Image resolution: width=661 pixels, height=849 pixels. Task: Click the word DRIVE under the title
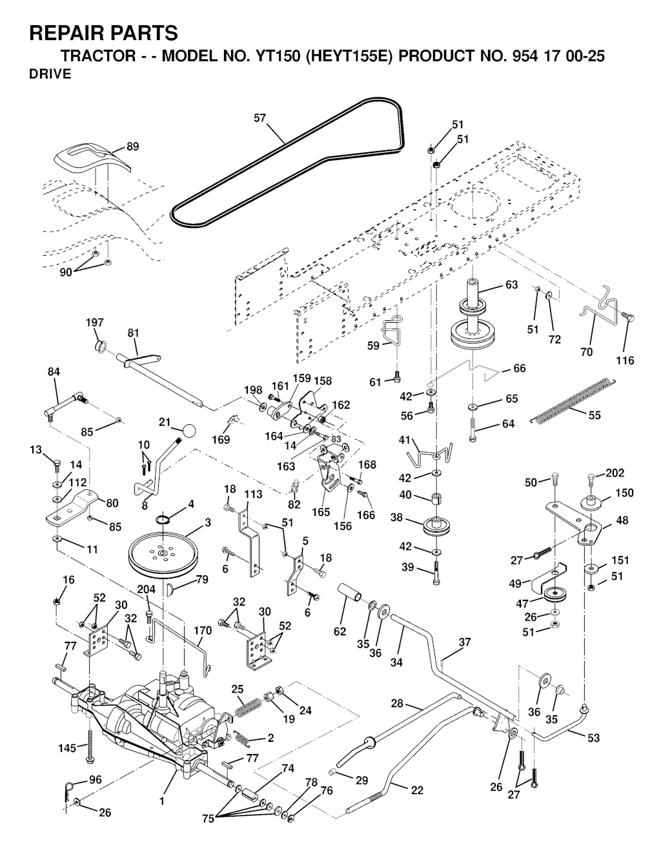coord(50,74)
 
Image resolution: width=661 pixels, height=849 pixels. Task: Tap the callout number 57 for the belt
coord(260,118)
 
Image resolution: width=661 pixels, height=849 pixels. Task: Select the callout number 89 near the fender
coord(132,147)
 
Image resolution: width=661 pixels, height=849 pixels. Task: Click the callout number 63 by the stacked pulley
coord(511,285)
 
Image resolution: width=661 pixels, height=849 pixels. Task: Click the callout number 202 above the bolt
coord(616,473)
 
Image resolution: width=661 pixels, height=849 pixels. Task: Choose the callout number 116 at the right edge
coord(625,360)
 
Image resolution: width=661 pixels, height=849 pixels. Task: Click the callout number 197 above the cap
coord(96,322)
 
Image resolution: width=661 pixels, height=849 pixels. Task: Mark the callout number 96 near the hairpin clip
coord(95,780)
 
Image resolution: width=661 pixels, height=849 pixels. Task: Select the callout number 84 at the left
coord(54,372)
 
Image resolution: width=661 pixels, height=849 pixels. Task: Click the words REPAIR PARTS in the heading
coord(104,32)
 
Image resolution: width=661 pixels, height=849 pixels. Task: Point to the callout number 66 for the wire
coord(519,368)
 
